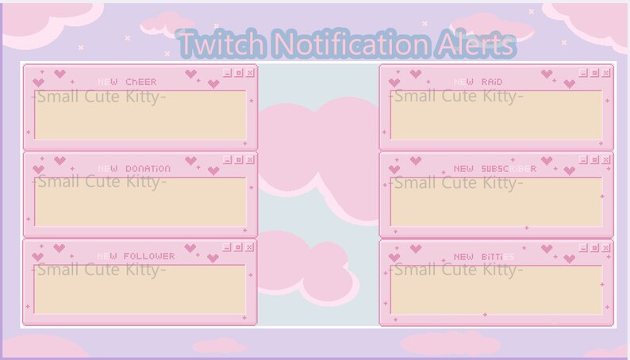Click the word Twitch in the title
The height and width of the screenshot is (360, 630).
[213, 44]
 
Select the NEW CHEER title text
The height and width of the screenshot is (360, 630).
[127, 82]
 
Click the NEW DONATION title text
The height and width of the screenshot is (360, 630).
[134, 169]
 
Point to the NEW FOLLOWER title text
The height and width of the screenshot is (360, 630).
[136, 256]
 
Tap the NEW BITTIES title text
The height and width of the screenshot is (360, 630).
[484, 256]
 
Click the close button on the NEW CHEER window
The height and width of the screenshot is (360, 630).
[251, 73]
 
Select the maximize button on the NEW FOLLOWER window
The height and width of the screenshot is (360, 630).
[239, 247]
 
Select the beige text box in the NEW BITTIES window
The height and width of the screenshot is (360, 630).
[496, 290]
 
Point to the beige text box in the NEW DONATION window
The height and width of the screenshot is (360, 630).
[140, 203]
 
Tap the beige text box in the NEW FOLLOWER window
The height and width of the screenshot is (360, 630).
[140, 290]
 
